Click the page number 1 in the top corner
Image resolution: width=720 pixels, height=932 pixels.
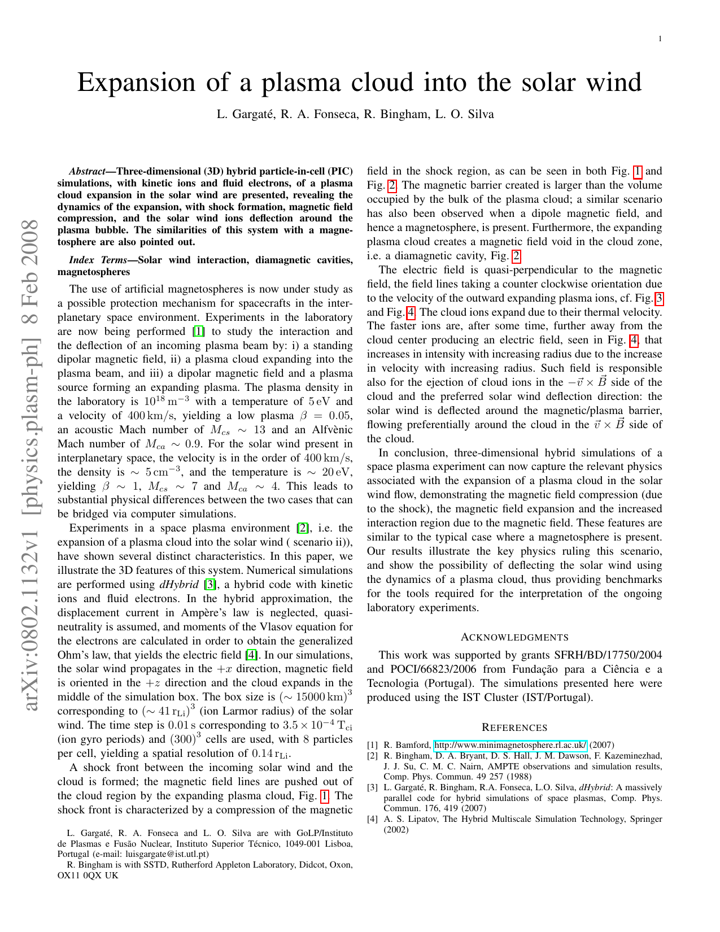[660, 38]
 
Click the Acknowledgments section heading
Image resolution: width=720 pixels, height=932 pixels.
[514, 638]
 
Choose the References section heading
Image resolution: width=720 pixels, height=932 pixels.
[514, 728]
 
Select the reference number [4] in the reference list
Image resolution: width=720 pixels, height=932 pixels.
[372, 819]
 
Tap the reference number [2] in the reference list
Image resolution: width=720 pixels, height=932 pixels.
[372, 756]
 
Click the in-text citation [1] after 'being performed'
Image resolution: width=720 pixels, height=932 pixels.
[198, 332]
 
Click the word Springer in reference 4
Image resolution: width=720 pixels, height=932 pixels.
[645, 819]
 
